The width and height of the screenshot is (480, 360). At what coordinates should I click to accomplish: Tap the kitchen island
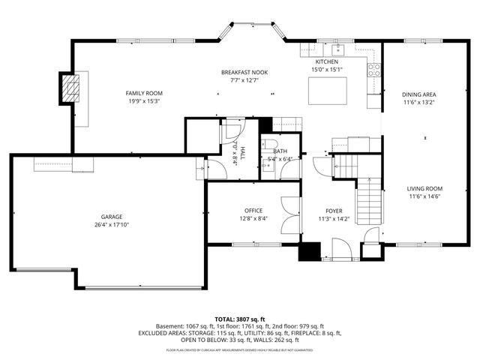328,88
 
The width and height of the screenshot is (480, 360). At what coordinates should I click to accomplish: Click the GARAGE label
112,216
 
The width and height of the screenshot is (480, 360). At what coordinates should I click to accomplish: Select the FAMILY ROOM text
143,93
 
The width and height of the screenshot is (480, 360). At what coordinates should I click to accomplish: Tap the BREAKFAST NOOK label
244,72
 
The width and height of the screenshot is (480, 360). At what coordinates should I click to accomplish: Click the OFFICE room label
253,210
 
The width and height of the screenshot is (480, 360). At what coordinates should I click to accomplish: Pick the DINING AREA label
419,94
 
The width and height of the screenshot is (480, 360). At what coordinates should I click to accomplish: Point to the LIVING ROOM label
424,189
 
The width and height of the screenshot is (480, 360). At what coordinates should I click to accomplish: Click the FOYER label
334,211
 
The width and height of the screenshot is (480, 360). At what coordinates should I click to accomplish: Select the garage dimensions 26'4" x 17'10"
112,224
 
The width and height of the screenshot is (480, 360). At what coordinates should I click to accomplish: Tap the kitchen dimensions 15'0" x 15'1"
326,70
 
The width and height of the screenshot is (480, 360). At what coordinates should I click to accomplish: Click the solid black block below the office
309,252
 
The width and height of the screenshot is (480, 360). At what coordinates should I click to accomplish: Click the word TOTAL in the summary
226,319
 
